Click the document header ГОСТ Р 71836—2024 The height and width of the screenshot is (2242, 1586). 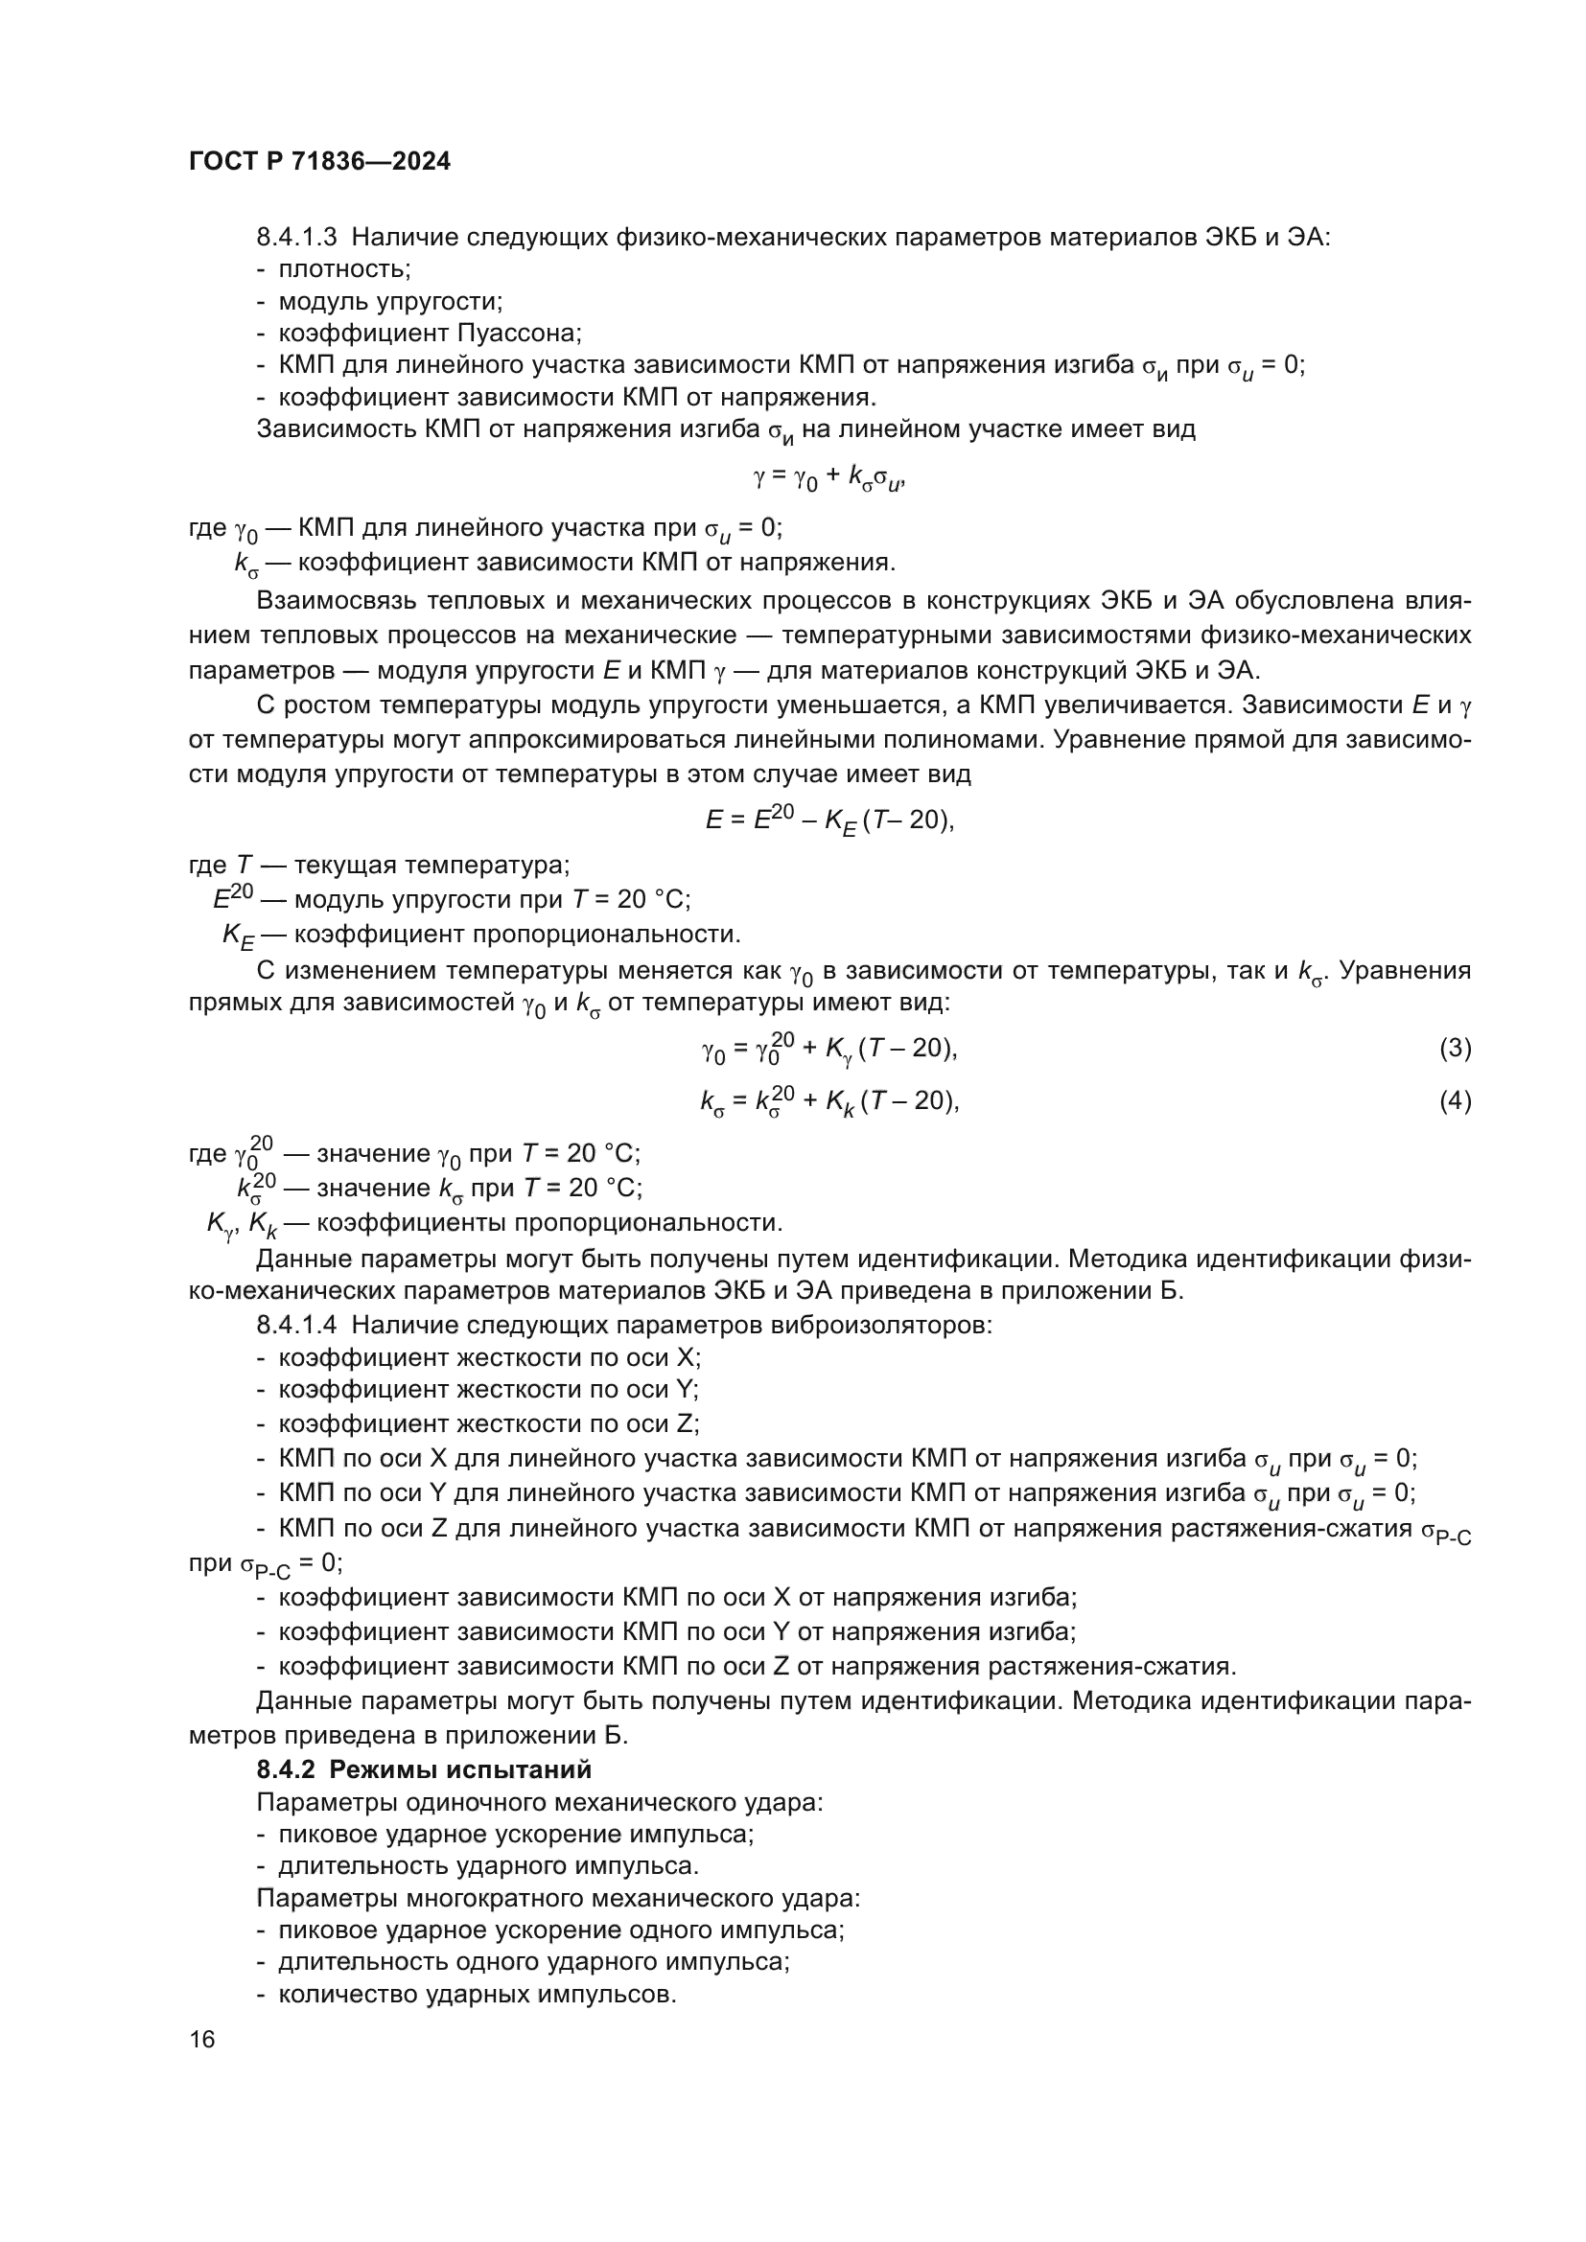(319, 162)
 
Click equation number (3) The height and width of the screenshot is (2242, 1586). (1455, 1049)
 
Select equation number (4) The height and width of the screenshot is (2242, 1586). (1455, 1101)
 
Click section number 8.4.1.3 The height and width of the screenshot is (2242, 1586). (296, 237)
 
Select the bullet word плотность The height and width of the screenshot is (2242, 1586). (344, 268)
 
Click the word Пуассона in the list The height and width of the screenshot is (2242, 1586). (519, 333)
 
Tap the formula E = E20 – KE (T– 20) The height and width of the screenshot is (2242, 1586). (829, 821)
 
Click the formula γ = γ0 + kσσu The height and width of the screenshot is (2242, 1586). (829, 478)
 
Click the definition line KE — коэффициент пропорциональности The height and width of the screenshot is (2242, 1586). (481, 935)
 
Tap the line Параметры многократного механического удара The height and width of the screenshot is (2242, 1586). (558, 1898)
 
